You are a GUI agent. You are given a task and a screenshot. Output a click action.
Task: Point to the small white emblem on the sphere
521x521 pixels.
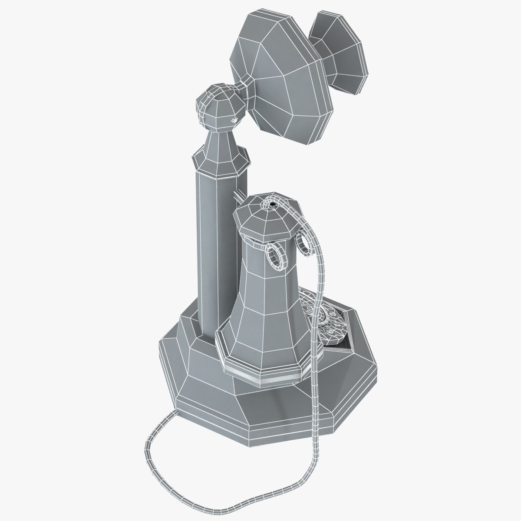tap(234, 120)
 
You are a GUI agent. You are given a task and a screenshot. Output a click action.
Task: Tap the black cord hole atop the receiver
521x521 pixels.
tap(272, 201)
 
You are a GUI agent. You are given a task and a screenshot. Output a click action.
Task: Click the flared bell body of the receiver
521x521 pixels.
tap(265, 313)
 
